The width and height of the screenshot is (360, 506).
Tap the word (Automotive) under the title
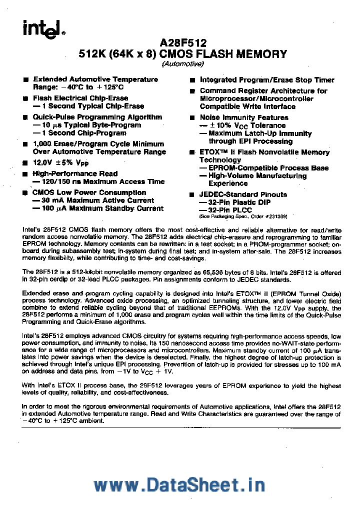point(182,64)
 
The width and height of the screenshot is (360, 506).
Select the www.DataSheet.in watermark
point(179,485)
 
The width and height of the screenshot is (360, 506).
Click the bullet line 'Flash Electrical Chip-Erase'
point(80,98)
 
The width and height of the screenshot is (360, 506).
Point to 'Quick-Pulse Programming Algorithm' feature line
point(97,117)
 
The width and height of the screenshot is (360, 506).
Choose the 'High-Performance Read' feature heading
point(75,173)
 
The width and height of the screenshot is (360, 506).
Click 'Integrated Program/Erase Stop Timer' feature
point(267,80)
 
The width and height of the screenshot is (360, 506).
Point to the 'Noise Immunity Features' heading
point(244,117)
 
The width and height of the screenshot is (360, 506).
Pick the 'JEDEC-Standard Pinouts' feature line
point(243,194)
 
